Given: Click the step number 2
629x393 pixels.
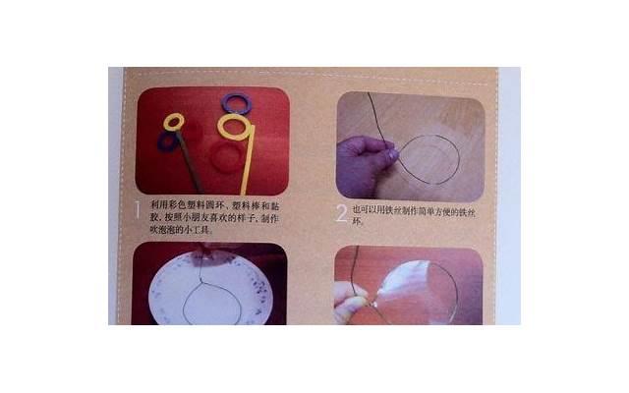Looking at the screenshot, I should coord(341,212).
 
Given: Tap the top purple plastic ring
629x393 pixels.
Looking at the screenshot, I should coord(236,102).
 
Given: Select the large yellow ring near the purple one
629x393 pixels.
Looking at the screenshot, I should coord(233,127).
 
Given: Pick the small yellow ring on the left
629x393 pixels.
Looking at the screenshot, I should coord(174,121).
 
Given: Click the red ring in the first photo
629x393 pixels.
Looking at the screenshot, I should coord(226,157).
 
